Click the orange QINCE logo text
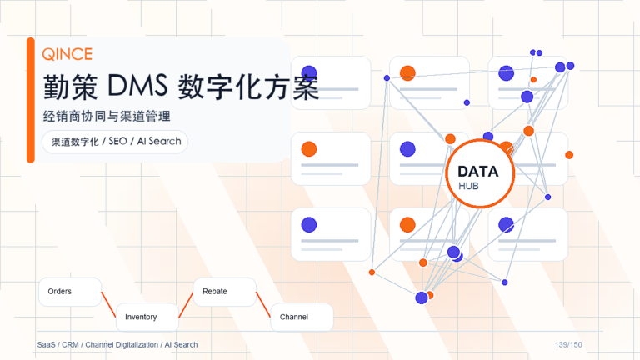67,54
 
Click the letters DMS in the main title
137,86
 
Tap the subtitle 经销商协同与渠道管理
107,117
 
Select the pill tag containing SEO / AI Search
115,142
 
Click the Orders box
70,292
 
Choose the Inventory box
147,317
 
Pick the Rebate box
225,292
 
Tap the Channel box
302,317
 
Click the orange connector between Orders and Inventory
108,304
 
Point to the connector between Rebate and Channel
263,304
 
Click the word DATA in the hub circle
478,172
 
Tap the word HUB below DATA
468,186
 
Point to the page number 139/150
568,345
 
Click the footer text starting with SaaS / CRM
117,345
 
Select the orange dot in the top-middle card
407,73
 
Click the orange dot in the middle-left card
309,149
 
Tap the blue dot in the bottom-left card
309,225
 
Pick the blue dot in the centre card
407,149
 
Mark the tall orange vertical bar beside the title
31,100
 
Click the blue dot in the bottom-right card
506,225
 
